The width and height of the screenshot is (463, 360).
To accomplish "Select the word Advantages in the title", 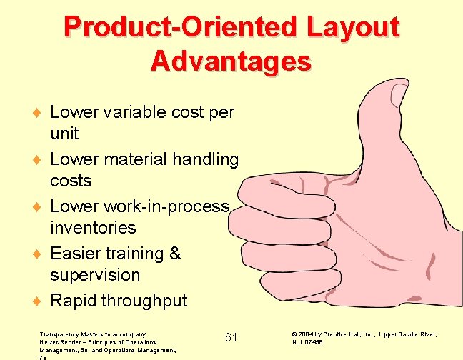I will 231,61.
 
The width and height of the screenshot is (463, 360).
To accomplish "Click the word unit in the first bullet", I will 64,134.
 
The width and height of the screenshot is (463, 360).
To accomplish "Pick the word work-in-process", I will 166,206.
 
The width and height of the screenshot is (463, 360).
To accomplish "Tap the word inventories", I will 93,228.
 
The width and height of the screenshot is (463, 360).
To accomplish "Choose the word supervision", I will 95,275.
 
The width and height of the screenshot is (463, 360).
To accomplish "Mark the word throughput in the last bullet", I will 144,301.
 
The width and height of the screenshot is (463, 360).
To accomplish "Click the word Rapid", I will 73,301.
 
